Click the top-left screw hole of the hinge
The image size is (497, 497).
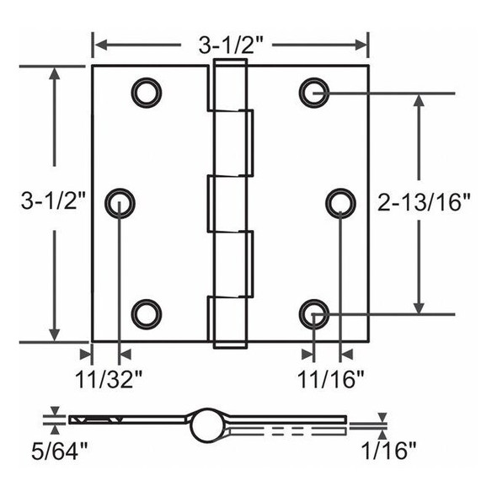pos(146,91)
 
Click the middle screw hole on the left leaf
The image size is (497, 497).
pos(120,202)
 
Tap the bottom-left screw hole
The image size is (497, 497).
pos(146,313)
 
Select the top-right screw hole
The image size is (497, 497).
pos(313,91)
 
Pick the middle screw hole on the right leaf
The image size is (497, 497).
pos(340,202)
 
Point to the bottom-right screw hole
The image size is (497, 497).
pos(313,314)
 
